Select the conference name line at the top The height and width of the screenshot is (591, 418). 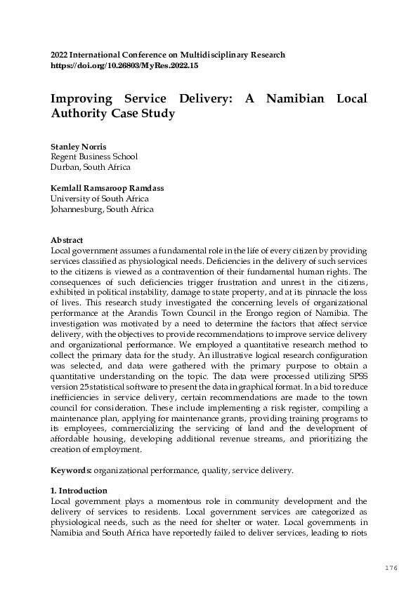tap(168, 55)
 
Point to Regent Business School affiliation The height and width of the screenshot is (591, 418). tap(94, 157)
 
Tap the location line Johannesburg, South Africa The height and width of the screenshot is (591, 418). tap(102, 209)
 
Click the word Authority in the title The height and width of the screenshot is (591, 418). tap(81, 114)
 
